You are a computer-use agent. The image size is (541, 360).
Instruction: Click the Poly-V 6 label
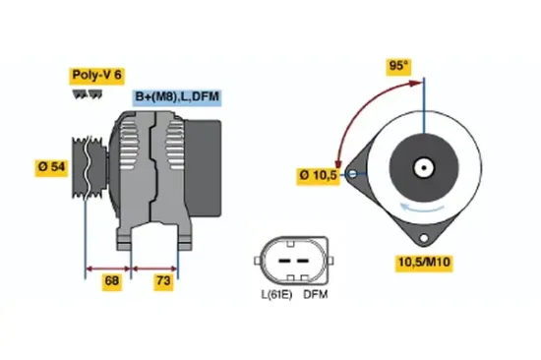(x=95, y=74)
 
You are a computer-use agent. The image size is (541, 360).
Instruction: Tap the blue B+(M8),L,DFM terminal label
(x=176, y=96)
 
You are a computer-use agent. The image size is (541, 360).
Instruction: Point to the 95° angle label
(x=396, y=67)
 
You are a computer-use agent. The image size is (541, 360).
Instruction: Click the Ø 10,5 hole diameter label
(x=318, y=176)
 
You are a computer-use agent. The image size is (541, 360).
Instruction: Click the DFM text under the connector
(x=316, y=294)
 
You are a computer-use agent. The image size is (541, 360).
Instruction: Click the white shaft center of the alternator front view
(x=425, y=166)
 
